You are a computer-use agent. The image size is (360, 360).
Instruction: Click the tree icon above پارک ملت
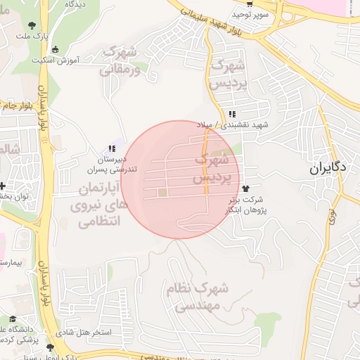pos(32,25)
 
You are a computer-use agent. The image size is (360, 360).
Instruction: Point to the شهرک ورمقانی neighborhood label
pos(120,60)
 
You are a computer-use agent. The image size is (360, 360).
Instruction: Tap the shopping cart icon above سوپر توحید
pos(240,4)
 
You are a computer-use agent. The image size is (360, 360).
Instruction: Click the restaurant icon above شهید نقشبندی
pos(232,115)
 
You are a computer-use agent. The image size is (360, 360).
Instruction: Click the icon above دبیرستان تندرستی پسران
pos(111,149)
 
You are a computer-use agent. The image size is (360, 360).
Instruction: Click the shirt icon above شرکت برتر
pos(245,188)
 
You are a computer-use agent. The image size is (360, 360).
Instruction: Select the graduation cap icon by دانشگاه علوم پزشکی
pos(13,319)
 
